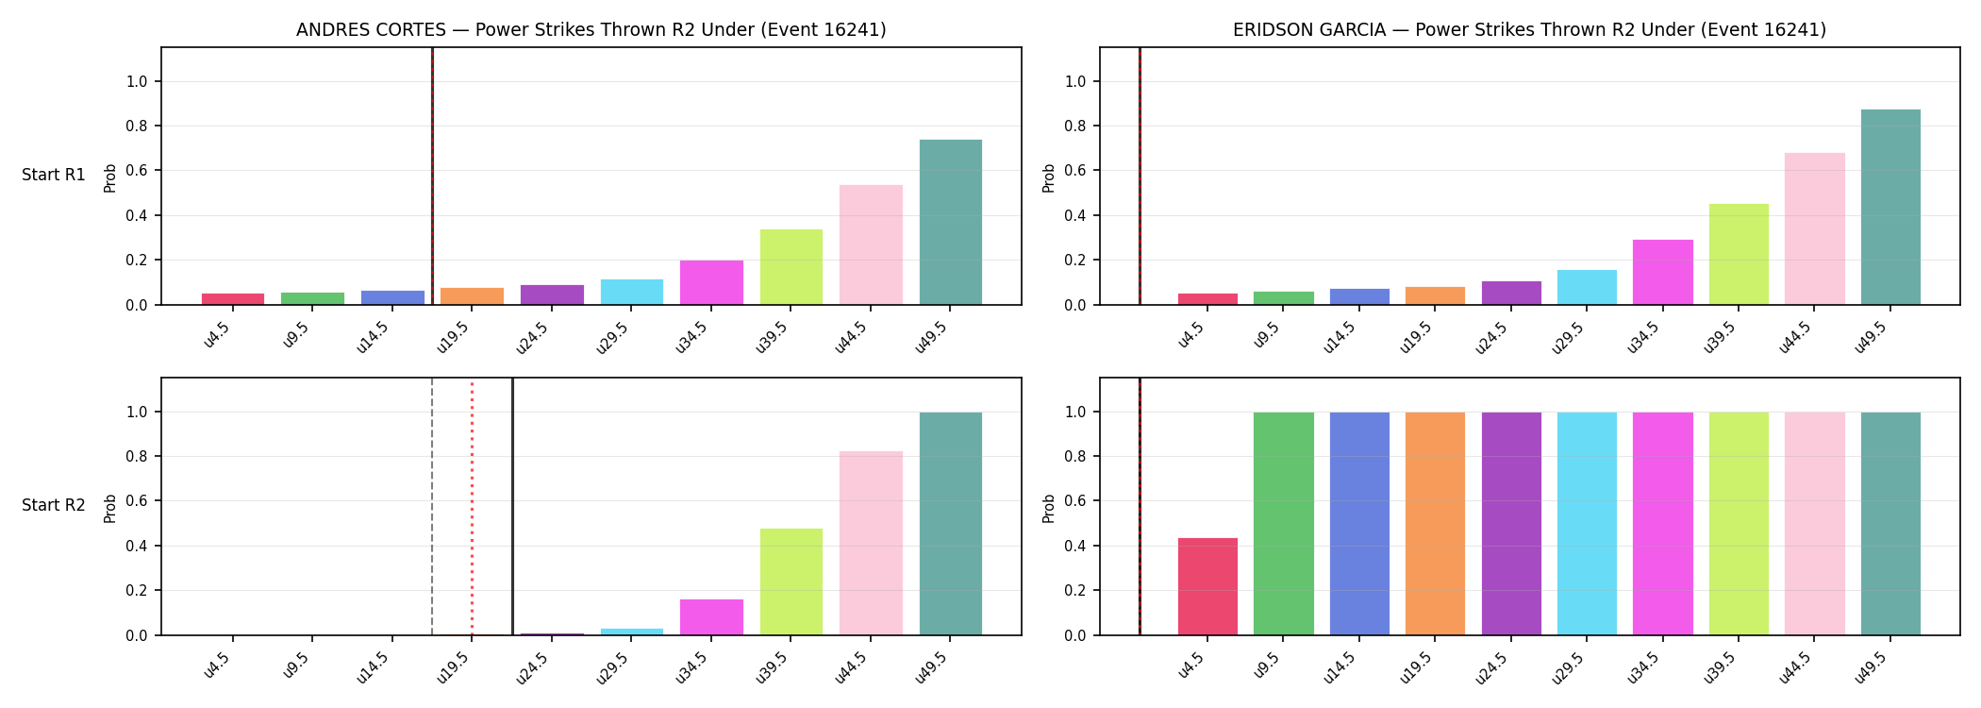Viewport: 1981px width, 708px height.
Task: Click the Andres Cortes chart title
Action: click(x=591, y=29)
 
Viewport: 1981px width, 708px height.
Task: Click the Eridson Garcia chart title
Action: click(x=1529, y=29)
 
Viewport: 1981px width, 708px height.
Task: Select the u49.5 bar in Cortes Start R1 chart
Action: click(x=950, y=222)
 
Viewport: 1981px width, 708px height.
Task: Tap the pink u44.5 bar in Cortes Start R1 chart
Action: click(x=871, y=244)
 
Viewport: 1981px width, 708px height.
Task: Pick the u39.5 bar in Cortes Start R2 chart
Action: click(x=791, y=582)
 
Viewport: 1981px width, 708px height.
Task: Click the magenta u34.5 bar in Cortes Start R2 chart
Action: click(x=711, y=617)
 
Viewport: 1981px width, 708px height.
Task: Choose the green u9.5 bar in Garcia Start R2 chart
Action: click(x=1284, y=524)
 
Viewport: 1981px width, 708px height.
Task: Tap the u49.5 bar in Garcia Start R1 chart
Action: click(x=1890, y=207)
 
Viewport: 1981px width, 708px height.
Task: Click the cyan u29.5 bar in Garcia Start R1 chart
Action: click(x=1587, y=287)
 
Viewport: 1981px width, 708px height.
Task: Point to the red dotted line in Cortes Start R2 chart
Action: click(x=472, y=507)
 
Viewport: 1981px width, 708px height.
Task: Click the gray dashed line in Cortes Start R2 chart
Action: click(x=432, y=507)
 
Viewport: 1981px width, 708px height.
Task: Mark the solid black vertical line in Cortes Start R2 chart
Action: click(x=512, y=507)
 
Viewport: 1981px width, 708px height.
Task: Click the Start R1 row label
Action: click(x=54, y=175)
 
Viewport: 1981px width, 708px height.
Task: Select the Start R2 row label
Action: click(x=54, y=505)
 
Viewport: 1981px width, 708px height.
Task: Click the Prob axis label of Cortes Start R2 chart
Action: click(x=110, y=508)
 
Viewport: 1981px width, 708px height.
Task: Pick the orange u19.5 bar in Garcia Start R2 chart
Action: click(x=1435, y=524)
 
